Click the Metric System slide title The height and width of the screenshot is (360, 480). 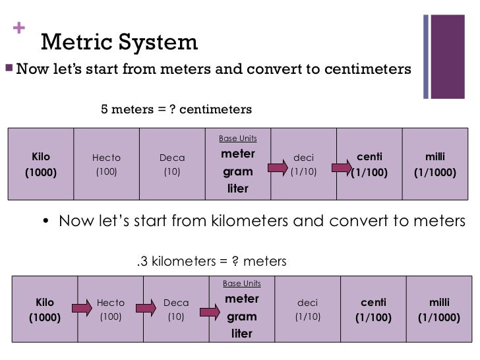click(x=119, y=43)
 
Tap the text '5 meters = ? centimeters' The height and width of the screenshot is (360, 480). click(x=175, y=108)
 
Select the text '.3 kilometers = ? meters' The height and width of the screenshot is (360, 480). click(x=211, y=262)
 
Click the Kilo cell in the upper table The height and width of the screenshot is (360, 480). click(x=41, y=165)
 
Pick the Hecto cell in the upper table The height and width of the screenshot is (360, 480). click(x=106, y=165)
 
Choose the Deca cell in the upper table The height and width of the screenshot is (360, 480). click(x=172, y=165)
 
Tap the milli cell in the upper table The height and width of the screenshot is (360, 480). click(x=435, y=165)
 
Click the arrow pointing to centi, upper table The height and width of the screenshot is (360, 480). click(x=342, y=168)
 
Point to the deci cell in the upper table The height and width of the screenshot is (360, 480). click(x=303, y=165)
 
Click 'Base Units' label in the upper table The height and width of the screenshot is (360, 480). click(x=237, y=138)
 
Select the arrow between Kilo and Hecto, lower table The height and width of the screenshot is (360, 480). click(x=82, y=308)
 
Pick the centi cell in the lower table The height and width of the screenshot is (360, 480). click(x=374, y=310)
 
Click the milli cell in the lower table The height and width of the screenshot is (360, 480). click(x=439, y=310)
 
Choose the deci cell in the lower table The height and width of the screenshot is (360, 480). click(x=307, y=310)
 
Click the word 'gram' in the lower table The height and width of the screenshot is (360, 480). click(x=241, y=316)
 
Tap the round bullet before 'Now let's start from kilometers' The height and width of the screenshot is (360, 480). click(x=46, y=222)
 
